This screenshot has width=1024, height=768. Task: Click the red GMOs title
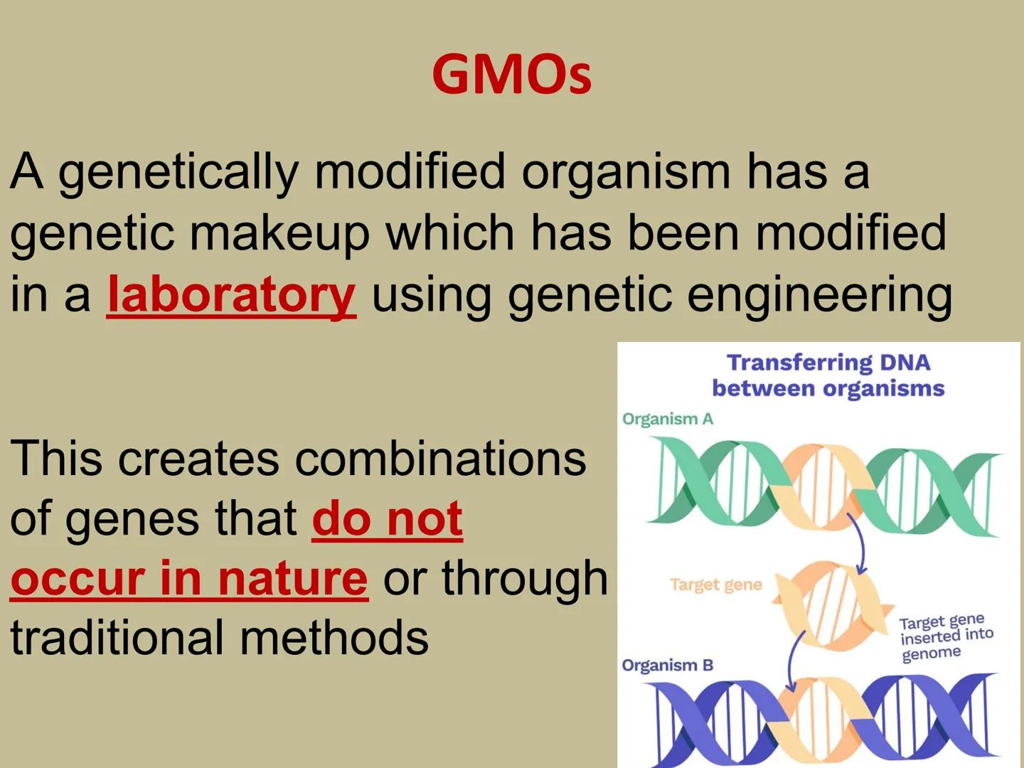511,75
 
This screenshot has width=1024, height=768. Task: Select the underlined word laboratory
231,294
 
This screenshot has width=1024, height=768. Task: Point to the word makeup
279,233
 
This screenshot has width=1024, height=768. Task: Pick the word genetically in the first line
178,173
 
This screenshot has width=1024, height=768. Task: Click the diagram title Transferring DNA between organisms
828,375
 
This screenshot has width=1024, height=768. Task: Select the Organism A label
667,419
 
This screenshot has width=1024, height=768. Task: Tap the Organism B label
667,666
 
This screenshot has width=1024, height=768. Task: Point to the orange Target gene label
715,585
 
